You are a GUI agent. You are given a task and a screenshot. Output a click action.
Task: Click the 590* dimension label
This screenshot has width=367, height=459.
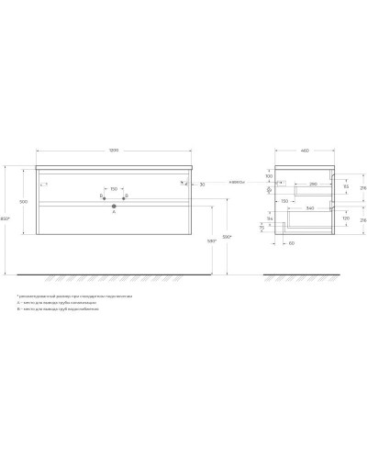point(228,237)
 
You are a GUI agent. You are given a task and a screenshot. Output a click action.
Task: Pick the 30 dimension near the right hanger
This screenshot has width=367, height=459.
point(201,184)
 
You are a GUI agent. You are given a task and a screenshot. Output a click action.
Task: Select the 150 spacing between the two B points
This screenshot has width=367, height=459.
point(113,190)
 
